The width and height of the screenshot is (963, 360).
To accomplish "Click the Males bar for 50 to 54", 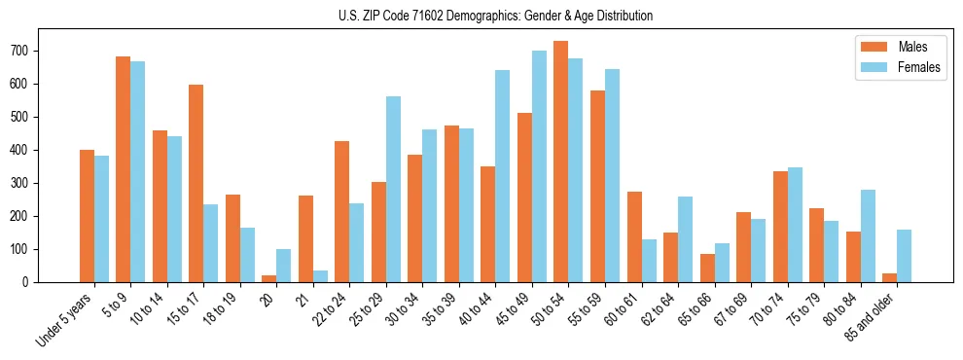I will tap(561, 162).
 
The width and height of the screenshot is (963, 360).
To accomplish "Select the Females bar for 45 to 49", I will tap(539, 166).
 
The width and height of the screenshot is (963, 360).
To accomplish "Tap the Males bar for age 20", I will tap(269, 278).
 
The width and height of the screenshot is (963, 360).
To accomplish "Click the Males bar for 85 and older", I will tap(889, 277).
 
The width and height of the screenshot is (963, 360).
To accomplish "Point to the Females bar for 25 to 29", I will tap(393, 189).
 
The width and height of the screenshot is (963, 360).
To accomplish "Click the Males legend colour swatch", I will tap(872, 47).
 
